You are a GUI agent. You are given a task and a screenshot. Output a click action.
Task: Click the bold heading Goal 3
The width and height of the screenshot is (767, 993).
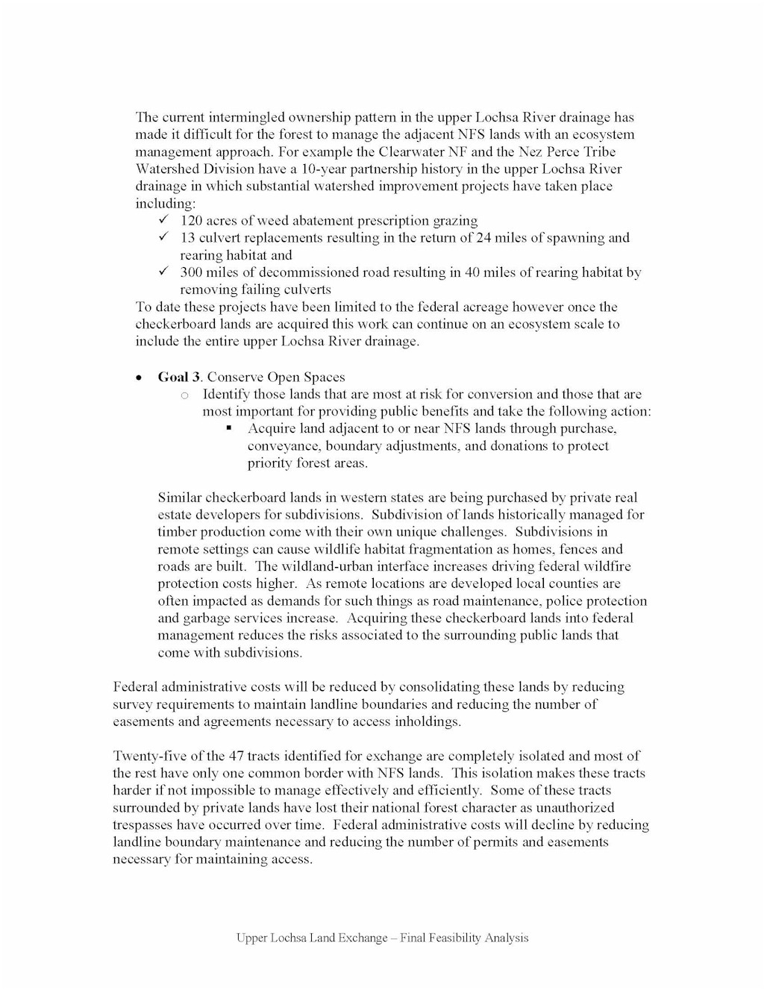(180, 378)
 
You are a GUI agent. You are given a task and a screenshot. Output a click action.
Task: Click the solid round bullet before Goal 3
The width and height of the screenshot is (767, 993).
(140, 378)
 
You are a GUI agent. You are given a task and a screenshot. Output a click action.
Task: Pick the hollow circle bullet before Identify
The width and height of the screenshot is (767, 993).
(185, 395)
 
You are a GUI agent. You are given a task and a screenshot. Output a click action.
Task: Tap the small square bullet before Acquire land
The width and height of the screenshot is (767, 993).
(229, 429)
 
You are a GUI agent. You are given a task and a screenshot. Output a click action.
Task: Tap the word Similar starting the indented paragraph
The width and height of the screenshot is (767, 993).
(179, 498)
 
